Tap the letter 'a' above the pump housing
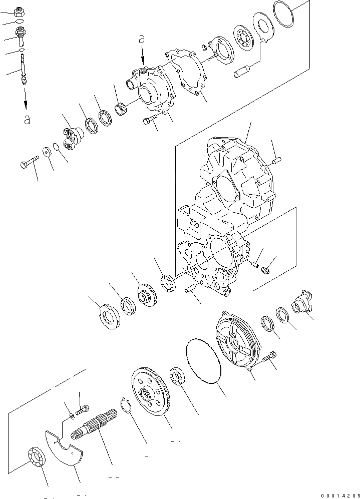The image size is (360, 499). (142, 38)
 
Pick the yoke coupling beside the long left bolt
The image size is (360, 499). (74, 135)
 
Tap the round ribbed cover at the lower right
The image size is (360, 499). (238, 340)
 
